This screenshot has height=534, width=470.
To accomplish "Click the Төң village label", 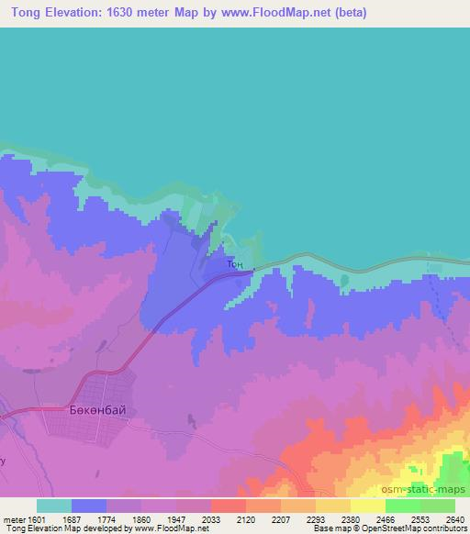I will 234,263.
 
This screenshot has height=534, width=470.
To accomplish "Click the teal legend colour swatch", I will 54,505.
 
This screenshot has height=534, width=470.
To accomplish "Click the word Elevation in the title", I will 74,13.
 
